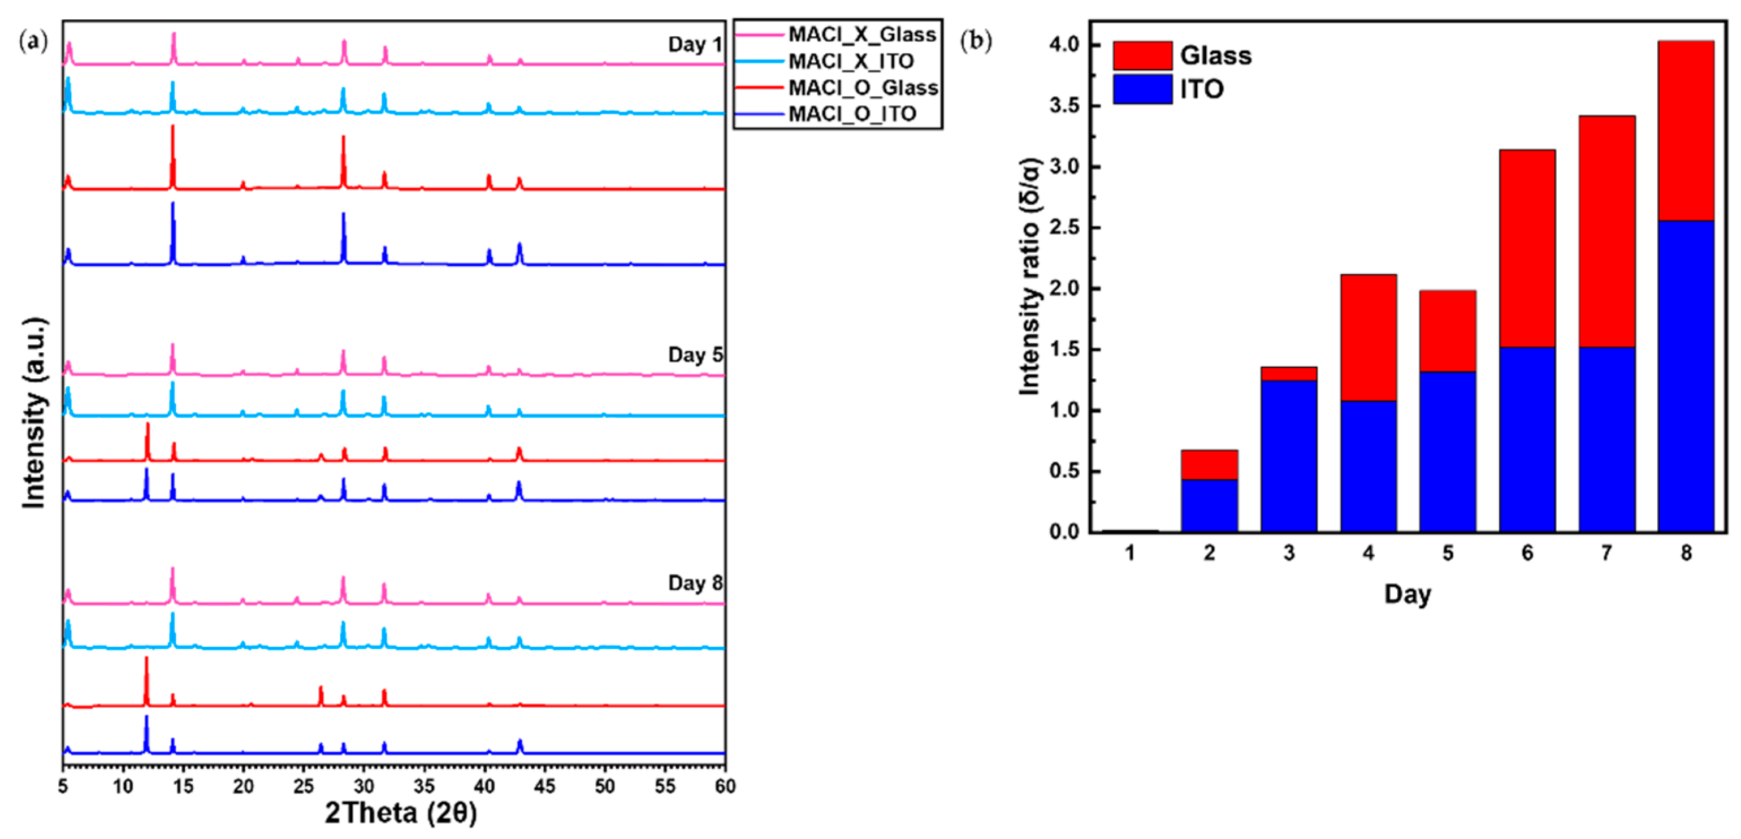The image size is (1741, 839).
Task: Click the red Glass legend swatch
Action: (1142, 55)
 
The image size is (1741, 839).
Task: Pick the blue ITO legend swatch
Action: (1142, 89)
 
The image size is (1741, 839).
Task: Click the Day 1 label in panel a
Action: (695, 45)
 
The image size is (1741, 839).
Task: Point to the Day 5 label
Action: (695, 355)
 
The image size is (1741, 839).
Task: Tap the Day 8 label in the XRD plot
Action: (695, 583)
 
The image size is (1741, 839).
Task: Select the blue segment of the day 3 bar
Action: (1288, 456)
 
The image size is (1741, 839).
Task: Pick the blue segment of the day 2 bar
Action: (1209, 505)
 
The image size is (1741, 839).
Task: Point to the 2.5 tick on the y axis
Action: (1064, 228)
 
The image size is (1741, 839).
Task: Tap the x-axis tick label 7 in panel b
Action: (1606, 553)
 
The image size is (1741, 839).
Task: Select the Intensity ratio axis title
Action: (1030, 277)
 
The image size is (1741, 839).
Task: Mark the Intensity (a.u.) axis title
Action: (34, 412)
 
